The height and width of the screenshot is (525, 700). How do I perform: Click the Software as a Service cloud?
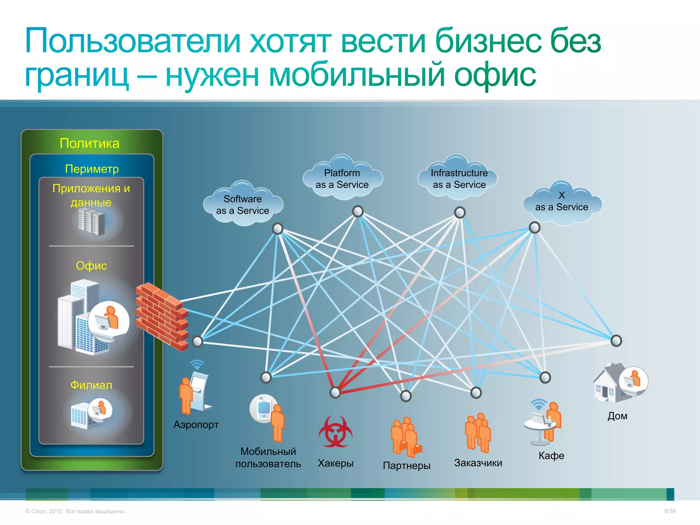tap(243, 204)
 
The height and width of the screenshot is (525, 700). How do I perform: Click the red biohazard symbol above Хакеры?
tap(335, 431)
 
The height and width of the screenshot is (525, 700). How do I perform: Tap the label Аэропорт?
tap(196, 425)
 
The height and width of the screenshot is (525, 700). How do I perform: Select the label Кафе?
tap(551, 455)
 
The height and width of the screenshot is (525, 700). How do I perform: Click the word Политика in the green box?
tap(90, 143)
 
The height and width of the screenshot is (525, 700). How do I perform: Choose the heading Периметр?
tap(92, 169)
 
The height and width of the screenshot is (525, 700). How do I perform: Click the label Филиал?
tap(91, 385)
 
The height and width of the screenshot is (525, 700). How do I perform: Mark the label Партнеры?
tap(407, 466)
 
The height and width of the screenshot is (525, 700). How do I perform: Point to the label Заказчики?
tap(478, 463)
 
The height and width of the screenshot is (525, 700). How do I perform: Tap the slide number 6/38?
tap(670, 511)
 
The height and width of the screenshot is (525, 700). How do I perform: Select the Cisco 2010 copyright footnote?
tap(76, 511)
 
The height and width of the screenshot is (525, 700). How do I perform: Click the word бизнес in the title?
tap(489, 41)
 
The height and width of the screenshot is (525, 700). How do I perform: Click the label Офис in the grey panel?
tap(91, 266)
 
